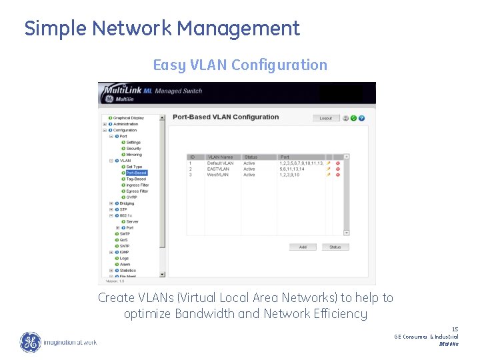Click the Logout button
coord(325,118)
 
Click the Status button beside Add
coord(335,247)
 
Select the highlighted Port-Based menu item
coord(136,173)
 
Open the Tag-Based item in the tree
coord(136,179)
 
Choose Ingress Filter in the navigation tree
coord(137,185)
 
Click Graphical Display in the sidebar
coord(128,118)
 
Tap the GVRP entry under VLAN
coord(132,197)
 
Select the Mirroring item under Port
coord(134,154)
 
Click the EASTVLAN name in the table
coord(218,169)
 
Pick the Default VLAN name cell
coord(221,163)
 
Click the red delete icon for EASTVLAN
coord(337,169)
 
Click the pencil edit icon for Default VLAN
coord(328,163)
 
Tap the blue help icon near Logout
coord(362,118)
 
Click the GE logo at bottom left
coord(29,342)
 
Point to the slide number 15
coord(455,329)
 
